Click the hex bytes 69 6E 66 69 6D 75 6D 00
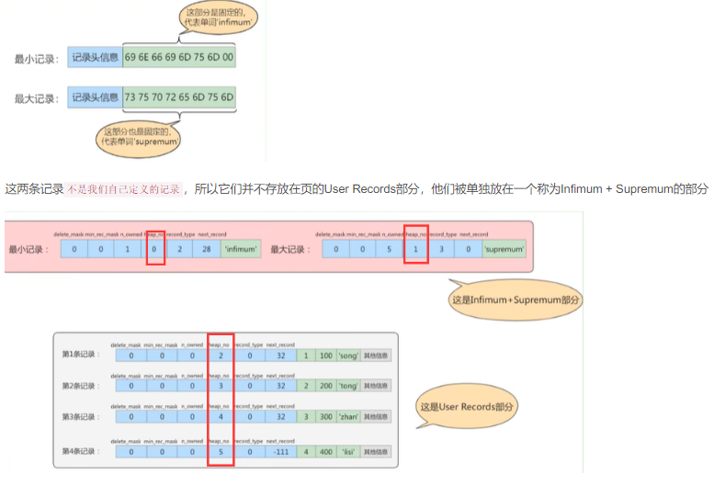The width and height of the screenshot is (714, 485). pyautogui.click(x=179, y=58)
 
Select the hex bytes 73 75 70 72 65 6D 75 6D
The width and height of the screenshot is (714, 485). pyautogui.click(x=179, y=96)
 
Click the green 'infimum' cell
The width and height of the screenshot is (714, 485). pyautogui.click(x=242, y=249)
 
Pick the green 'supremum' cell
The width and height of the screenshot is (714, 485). pyautogui.click(x=504, y=249)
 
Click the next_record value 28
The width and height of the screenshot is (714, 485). pyautogui.click(x=207, y=249)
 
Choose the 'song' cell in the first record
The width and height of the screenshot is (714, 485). pyautogui.click(x=350, y=355)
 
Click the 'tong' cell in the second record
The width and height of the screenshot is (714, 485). pyautogui.click(x=350, y=387)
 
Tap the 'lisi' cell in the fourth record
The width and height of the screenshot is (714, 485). pyautogui.click(x=350, y=452)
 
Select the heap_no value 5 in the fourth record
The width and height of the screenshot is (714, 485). pyautogui.click(x=221, y=452)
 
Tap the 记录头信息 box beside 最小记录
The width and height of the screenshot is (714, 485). pyautogui.click(x=95, y=58)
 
